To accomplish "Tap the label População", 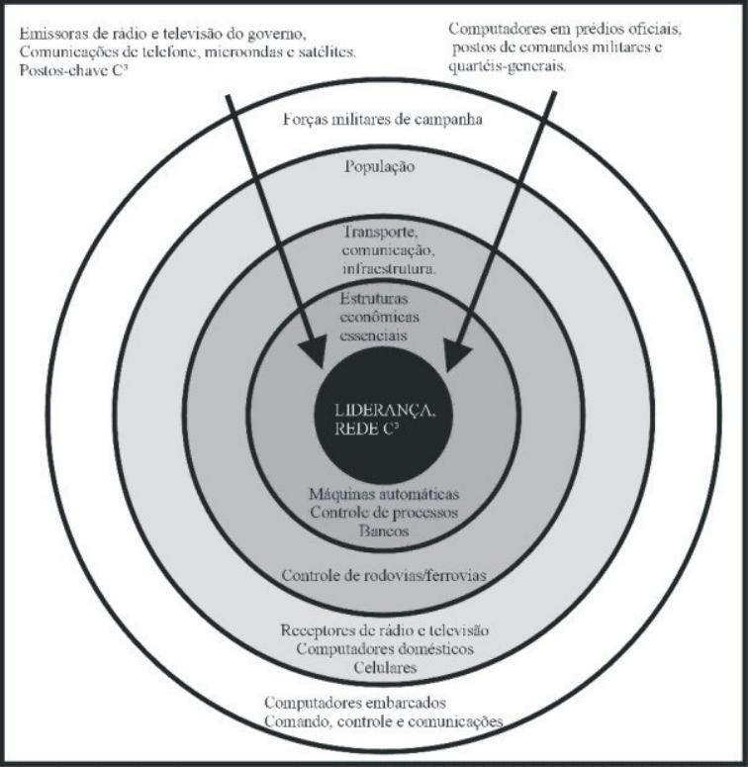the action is coord(380,167).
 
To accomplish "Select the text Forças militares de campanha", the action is coord(382,120).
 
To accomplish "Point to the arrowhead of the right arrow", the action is coord(456,354).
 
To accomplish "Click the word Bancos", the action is coord(384,530).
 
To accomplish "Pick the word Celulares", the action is coord(385,668).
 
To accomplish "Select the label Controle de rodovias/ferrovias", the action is coord(384,575).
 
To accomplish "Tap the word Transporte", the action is coord(381,232).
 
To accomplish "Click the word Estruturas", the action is coord(374,298).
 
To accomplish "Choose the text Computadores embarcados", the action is coord(355,704).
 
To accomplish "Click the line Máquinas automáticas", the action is coord(384,494).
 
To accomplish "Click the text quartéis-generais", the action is coord(507,66).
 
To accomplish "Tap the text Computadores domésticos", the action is coord(385,649).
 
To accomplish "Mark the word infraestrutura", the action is coord(389,269).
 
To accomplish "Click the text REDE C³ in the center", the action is coord(367,429).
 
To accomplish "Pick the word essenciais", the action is coord(374,336).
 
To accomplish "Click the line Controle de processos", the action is coord(384,513).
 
